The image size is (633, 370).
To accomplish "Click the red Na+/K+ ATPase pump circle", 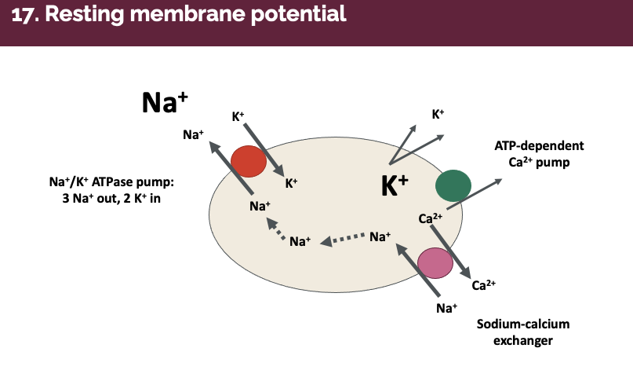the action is pos(249,161).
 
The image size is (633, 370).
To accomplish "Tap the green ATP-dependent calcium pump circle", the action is pos(453,186).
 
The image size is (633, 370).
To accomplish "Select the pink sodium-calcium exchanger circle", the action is pos(435,263).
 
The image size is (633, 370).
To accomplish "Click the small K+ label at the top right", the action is pos(438,114).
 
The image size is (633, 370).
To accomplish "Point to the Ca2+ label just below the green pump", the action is pos(431,218).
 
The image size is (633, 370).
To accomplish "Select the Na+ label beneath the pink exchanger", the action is pos(446,307).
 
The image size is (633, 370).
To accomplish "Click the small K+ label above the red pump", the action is pos(238,116).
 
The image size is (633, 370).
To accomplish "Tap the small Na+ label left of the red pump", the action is pos(194,134).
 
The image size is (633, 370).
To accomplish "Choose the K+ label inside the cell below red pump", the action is pos(291,183).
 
